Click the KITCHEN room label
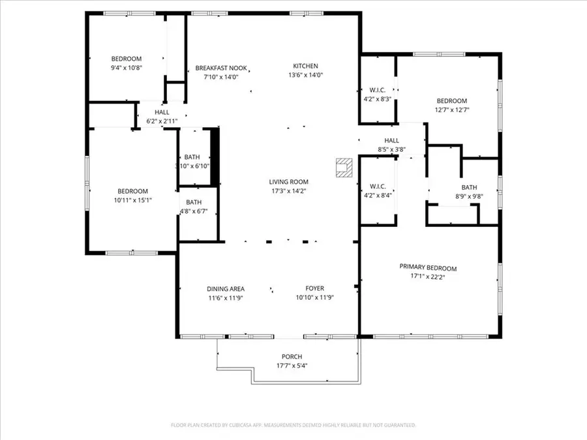[x=305, y=66]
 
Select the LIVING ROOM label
[x=288, y=182]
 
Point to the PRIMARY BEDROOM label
[x=428, y=268]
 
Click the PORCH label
[x=292, y=357]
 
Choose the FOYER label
[x=314, y=289]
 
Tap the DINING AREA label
[x=226, y=289]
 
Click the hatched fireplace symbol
[x=342, y=168]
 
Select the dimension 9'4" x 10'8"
[x=126, y=67]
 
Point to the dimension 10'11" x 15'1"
[x=132, y=200]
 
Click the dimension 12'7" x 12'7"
[x=451, y=110]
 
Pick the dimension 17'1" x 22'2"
[x=428, y=276]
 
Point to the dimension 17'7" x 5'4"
[x=292, y=365]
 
